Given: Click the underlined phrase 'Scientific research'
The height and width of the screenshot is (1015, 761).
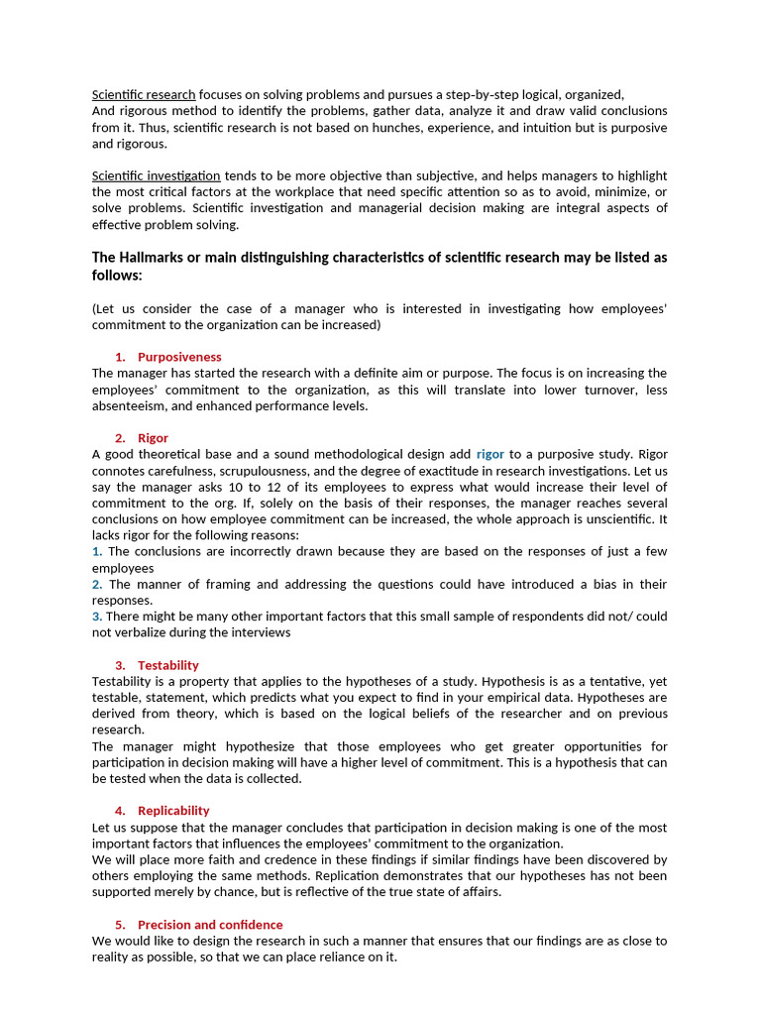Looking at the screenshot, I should (144, 94).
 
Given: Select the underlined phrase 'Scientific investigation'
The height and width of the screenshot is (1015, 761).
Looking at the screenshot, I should (157, 175).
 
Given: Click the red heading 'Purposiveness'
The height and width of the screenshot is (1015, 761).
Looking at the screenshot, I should (179, 357).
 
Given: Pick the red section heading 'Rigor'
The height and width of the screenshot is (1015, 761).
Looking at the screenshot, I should (153, 438).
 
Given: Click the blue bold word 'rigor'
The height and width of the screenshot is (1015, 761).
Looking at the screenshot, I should (489, 454).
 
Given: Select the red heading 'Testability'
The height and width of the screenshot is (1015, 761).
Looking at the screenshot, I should (168, 665).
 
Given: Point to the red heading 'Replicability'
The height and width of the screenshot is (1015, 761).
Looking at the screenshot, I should (173, 811).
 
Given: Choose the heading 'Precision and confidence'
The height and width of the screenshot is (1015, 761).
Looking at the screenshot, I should (210, 925).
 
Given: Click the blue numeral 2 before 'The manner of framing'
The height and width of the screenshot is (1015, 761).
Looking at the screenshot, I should (96, 584).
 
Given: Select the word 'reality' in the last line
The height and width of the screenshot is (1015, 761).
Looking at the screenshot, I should (114, 958).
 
